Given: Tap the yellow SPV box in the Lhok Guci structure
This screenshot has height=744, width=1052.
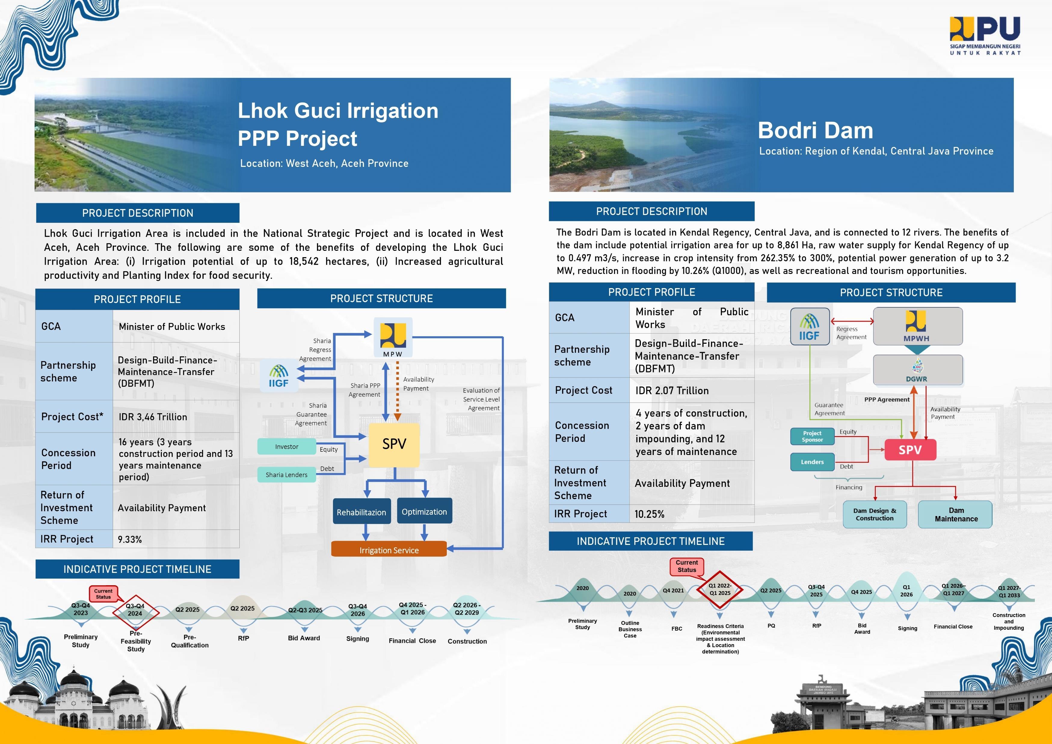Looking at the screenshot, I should point(394,444).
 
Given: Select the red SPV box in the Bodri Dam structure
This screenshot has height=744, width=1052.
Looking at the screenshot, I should point(910,450).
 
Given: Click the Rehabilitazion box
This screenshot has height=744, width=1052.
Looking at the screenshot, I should point(361,512).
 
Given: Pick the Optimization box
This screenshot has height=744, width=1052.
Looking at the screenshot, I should point(424,511).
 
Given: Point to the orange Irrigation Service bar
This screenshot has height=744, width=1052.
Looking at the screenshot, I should point(389,550).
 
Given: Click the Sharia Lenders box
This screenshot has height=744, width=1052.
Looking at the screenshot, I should point(286,475).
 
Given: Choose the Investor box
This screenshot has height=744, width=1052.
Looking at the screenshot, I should point(286,447).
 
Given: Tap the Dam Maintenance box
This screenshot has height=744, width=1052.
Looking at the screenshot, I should point(956,515).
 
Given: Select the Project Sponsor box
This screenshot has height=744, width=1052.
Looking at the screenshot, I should point(812,436).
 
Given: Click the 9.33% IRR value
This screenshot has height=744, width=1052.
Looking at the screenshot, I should point(130,539).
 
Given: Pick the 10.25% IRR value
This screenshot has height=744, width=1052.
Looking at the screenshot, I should point(649,514).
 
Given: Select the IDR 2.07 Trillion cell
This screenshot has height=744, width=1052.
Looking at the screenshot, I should point(672,390).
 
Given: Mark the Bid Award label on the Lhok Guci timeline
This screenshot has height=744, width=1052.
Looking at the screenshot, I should point(304,638).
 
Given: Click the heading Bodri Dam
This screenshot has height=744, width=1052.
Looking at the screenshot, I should point(815,130).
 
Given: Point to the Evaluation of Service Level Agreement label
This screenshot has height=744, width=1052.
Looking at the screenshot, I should point(481,399).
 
